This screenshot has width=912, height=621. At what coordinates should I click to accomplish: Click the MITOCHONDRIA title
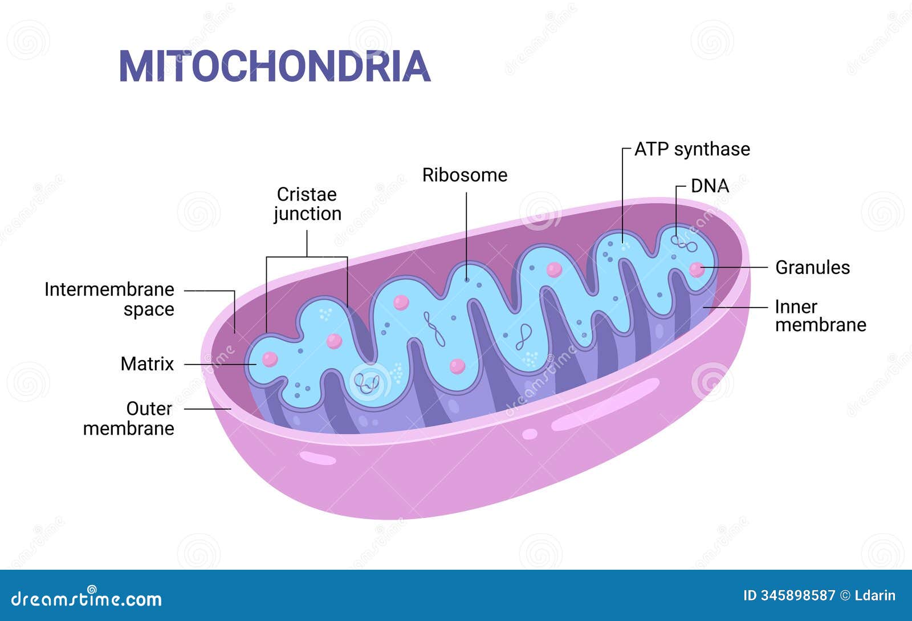point(274,67)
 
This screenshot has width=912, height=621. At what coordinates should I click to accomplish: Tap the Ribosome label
point(465,175)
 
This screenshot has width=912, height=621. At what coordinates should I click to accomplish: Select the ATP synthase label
point(692,149)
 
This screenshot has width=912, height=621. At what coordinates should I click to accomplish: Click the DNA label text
point(710,186)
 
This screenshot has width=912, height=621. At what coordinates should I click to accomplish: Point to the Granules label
point(812,267)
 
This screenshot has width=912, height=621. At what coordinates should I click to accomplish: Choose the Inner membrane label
point(820,316)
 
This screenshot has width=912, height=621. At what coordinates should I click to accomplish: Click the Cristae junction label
point(307,204)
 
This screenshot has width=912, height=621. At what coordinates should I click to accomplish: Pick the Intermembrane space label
point(109,299)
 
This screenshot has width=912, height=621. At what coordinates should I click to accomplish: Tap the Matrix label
point(147,363)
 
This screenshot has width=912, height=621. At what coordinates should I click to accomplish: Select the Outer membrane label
point(129,418)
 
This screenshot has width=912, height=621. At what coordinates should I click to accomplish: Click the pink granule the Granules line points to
point(697,269)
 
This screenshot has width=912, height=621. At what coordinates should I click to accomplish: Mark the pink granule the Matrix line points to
point(270,359)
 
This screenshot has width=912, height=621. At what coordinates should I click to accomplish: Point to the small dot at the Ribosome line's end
point(467,280)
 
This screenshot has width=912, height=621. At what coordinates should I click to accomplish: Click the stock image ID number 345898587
point(797,596)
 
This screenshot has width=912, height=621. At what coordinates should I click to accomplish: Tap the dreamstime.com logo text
point(87,599)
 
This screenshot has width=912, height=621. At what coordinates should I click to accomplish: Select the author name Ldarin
point(875,596)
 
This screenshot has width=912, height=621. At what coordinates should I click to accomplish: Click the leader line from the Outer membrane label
point(207,408)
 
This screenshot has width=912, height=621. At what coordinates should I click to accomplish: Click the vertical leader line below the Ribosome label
point(467,234)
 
